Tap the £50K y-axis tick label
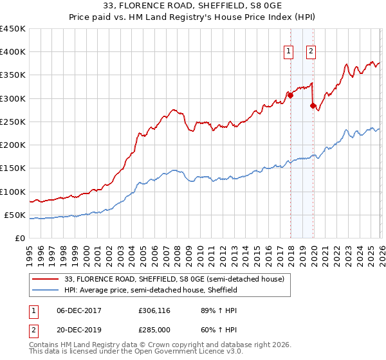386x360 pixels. (x=15, y=215)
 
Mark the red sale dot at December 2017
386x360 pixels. (x=290, y=95)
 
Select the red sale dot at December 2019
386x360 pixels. (x=313, y=105)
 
